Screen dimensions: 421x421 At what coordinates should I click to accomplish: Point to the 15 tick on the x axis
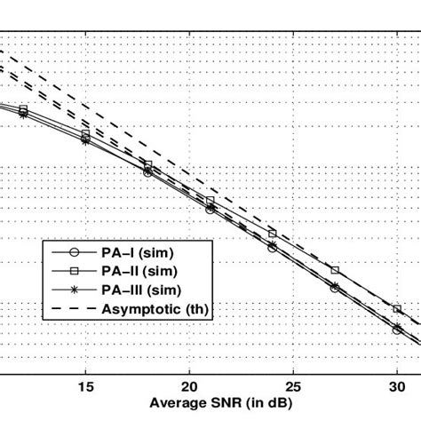85,385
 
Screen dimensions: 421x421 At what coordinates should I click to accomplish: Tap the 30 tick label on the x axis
397,385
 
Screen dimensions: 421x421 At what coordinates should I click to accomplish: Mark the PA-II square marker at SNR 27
335,270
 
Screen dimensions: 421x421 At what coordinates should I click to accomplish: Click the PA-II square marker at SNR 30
397,309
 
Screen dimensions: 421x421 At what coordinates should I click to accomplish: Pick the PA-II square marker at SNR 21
210,201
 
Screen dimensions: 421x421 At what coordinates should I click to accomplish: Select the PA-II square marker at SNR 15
85,134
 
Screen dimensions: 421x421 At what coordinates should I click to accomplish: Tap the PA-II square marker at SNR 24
273,233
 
